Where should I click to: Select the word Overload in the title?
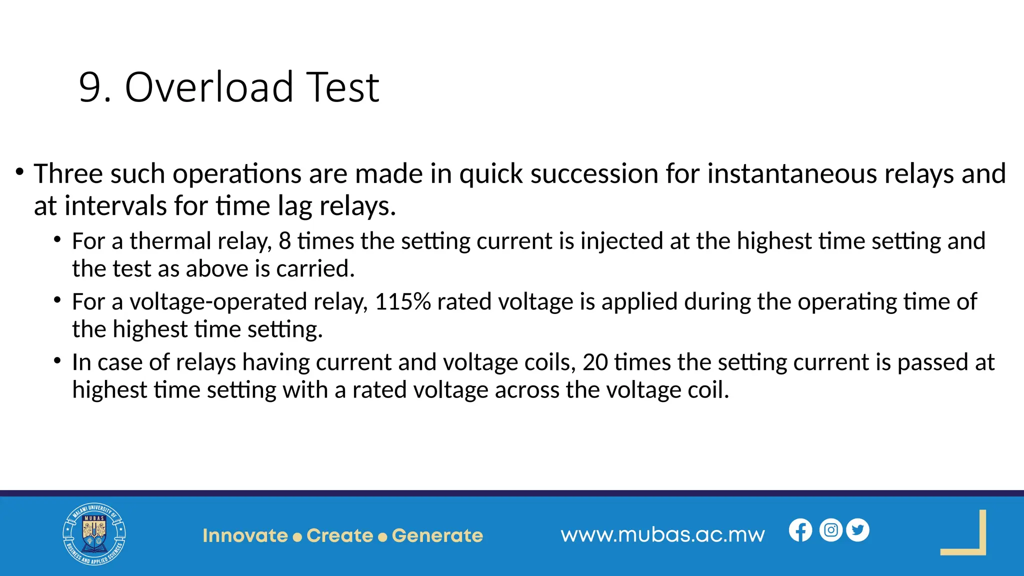(x=209, y=88)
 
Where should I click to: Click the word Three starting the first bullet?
(x=68, y=174)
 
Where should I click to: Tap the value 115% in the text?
(x=402, y=302)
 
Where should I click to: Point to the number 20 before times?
(x=595, y=362)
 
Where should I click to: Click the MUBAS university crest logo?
(x=94, y=534)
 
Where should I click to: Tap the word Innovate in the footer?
(x=245, y=535)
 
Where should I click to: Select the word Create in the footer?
(x=340, y=535)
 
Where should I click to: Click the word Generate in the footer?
(x=437, y=535)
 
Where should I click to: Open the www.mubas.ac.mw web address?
(x=662, y=534)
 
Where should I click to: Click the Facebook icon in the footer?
(x=800, y=530)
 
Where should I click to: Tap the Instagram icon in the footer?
(x=830, y=530)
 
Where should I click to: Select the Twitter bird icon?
(x=857, y=530)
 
